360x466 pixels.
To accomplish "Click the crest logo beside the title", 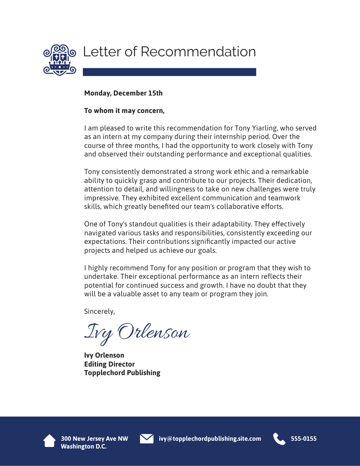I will (x=59, y=59).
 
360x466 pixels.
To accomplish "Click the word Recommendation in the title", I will (x=198, y=52).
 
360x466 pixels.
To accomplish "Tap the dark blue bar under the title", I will (x=169, y=72).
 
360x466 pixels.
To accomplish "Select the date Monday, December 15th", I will (x=123, y=93).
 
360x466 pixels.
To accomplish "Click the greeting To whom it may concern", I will (x=124, y=111).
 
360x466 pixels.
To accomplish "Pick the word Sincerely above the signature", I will (x=99, y=311).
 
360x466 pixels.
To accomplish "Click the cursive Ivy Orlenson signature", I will (x=137, y=333).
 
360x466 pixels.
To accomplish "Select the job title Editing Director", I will (x=110, y=364).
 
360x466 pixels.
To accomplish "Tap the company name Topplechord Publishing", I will (x=122, y=373).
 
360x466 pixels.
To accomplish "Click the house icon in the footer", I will (x=49, y=441).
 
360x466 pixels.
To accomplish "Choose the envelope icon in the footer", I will (x=146, y=438).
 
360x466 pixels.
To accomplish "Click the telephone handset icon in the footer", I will (x=279, y=439).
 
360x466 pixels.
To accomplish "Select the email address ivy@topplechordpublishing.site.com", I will (x=210, y=439).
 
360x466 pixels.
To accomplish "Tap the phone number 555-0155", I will (x=304, y=439).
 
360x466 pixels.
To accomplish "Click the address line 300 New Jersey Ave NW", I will (x=94, y=439).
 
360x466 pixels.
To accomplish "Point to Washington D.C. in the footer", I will (x=83, y=447).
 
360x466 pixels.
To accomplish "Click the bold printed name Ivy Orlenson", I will (x=104, y=355).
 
